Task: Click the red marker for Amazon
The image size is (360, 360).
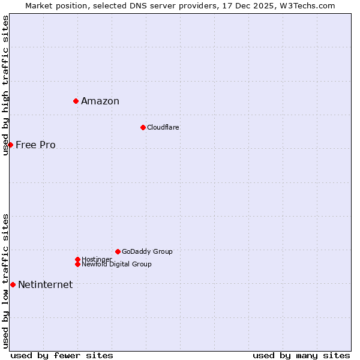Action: click(x=76, y=101)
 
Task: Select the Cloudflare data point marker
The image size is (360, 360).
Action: click(x=143, y=127)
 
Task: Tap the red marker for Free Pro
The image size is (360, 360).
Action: click(x=10, y=145)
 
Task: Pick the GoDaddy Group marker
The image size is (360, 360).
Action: click(x=118, y=251)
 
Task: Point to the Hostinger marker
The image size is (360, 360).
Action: click(x=77, y=259)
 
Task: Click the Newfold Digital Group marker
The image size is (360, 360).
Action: click(x=77, y=264)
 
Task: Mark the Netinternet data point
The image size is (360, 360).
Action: click(x=13, y=284)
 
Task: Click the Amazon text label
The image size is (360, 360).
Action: click(x=100, y=101)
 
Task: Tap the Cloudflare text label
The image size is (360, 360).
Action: click(x=163, y=127)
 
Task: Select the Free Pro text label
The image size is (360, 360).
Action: click(x=35, y=145)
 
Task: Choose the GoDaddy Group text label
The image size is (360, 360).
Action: click(x=147, y=251)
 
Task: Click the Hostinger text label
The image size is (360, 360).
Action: click(x=97, y=259)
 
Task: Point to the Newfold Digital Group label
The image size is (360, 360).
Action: click(x=116, y=264)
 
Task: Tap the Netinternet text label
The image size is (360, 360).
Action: click(x=46, y=284)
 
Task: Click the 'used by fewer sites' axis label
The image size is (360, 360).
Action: click(x=62, y=355)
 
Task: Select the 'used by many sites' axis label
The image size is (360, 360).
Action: click(x=301, y=355)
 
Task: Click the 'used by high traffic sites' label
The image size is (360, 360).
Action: click(x=5, y=85)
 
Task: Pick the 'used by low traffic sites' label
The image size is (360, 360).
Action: click(x=5, y=280)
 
